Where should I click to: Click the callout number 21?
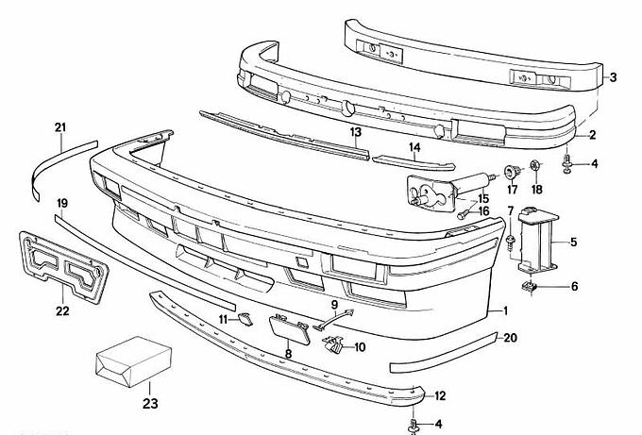point(61,127)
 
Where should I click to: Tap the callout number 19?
point(62,203)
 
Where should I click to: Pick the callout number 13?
point(356,132)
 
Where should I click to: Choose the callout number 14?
point(414,147)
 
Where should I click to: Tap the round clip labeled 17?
point(513,171)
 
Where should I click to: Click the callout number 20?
point(510,337)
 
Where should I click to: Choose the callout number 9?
point(333,304)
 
